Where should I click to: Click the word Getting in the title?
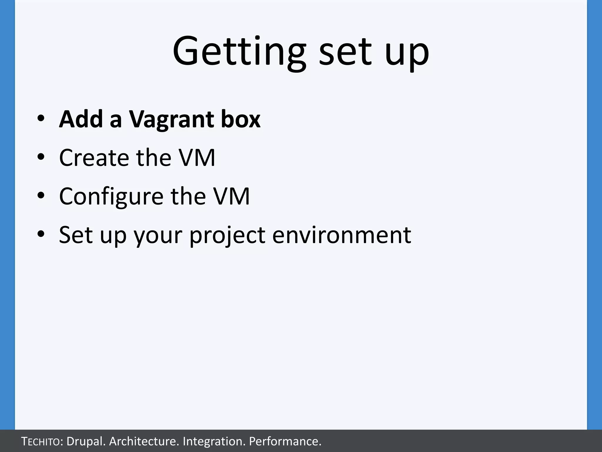[239, 51]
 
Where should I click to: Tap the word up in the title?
[407, 53]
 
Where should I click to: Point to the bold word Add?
[81, 119]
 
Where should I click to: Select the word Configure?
[111, 197]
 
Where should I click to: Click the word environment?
[342, 235]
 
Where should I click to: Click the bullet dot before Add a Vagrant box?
[41, 119]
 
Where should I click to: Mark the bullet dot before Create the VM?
[41, 157]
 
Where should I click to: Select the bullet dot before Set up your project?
[41, 234]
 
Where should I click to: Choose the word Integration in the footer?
[214, 441]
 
